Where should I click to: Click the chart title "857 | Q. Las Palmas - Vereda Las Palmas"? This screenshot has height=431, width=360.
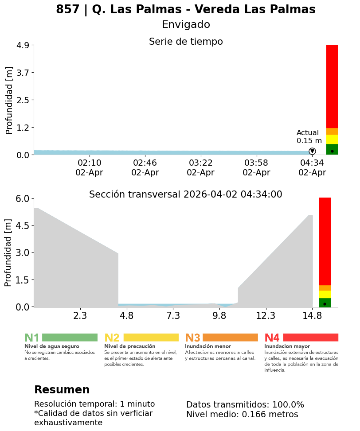click(x=186, y=10)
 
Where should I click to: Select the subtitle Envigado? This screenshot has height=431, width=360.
click(x=186, y=25)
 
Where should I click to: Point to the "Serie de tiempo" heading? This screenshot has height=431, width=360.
click(x=186, y=42)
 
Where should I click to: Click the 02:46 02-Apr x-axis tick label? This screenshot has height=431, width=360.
click(x=145, y=167)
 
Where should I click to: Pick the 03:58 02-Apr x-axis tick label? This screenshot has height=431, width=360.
click(x=256, y=167)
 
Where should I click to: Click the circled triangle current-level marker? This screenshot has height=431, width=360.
click(x=312, y=151)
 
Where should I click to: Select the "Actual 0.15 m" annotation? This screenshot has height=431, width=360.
click(x=308, y=136)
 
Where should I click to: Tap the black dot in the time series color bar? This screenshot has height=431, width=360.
click(x=332, y=151)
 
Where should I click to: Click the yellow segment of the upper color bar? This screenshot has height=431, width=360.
click(x=332, y=139)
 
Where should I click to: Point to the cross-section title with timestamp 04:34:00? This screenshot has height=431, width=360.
click(x=186, y=194)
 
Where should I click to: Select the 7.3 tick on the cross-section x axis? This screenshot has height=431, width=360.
click(x=173, y=316)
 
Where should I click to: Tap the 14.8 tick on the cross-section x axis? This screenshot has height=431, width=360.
click(x=312, y=316)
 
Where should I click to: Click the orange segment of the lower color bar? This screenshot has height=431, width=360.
click(x=325, y=288)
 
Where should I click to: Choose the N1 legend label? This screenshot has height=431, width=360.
click(x=32, y=338)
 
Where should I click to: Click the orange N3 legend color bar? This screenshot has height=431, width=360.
click(x=230, y=338)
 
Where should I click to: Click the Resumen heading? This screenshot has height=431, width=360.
click(x=62, y=390)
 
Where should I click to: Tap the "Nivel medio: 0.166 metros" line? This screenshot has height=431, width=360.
click(x=242, y=415)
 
